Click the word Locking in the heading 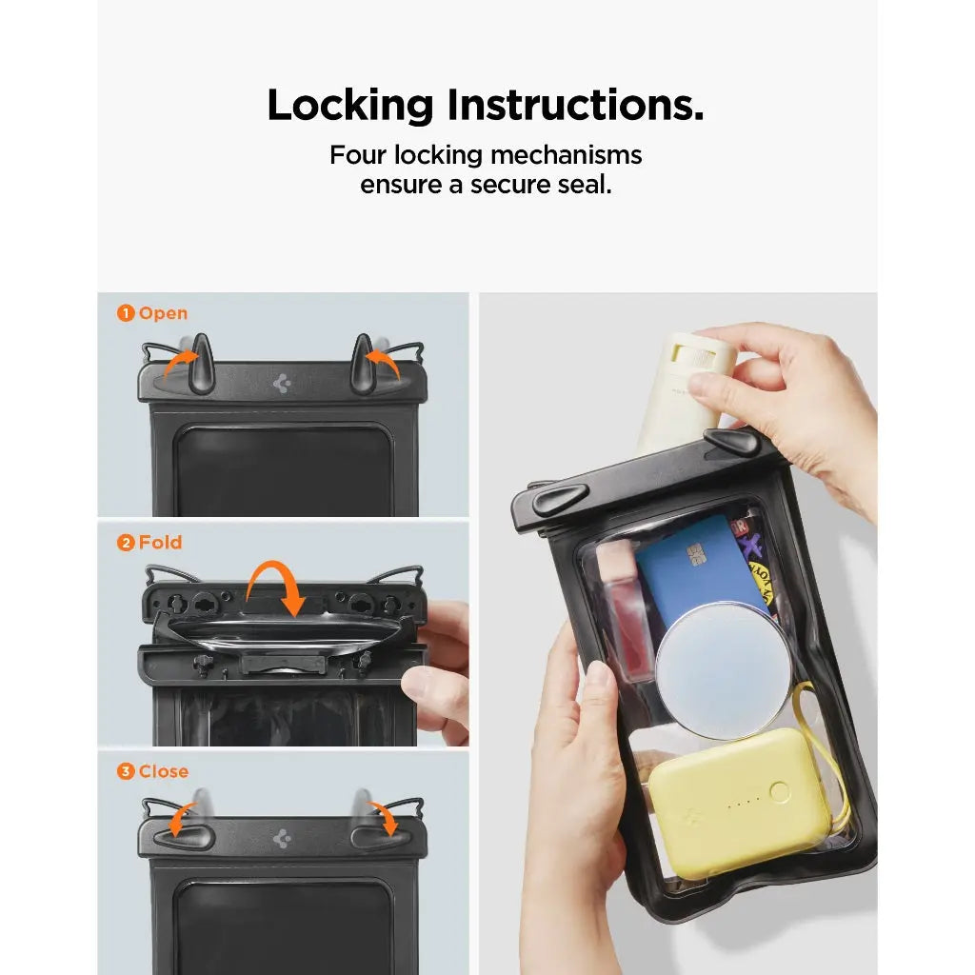tap(349, 106)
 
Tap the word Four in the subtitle tap(358, 155)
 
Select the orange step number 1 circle tap(126, 313)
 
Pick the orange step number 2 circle tap(126, 543)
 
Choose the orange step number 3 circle tap(126, 771)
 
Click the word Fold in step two tap(161, 543)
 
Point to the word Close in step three tap(164, 771)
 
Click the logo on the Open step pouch tap(282, 384)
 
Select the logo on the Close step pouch tap(282, 839)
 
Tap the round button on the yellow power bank tap(780, 791)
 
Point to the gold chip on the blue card tap(695, 554)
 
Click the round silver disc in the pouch tap(723, 667)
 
